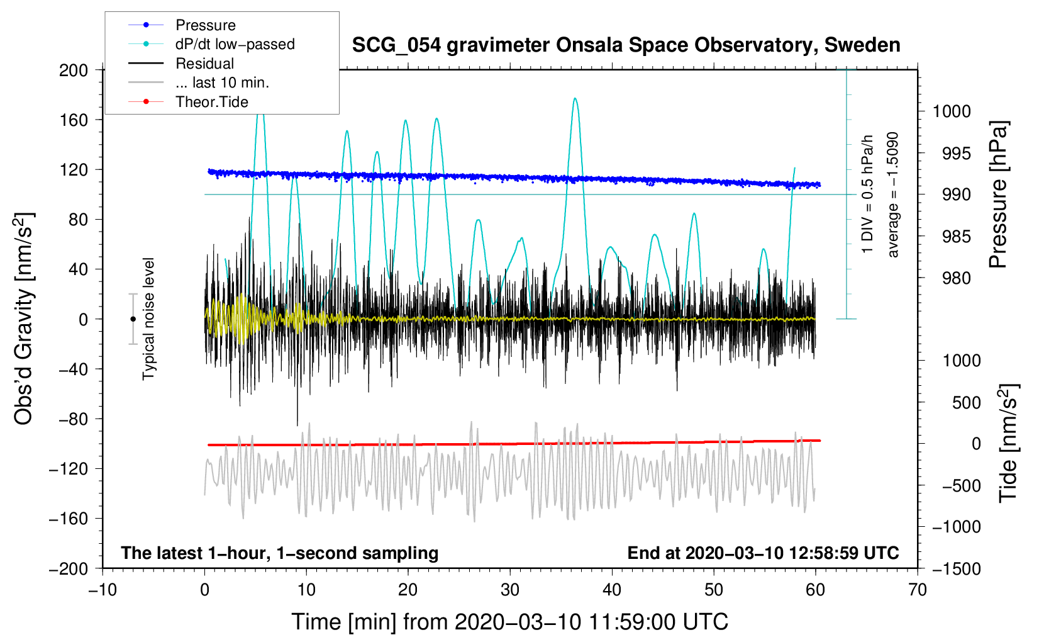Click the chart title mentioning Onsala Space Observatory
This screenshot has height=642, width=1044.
626,45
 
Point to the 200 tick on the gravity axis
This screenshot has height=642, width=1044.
74,70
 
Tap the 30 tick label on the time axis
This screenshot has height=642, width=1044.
510,590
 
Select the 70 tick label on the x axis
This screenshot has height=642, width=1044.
917,590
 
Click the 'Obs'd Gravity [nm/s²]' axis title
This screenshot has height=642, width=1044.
23,318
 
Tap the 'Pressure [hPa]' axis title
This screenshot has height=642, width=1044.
998,194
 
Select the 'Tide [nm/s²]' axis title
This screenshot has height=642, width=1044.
1009,443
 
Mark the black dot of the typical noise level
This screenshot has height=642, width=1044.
133,319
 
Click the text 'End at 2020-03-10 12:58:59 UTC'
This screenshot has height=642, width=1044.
763,553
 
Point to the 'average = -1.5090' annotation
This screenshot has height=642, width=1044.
892,194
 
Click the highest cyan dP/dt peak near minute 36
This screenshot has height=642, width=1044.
575,98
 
